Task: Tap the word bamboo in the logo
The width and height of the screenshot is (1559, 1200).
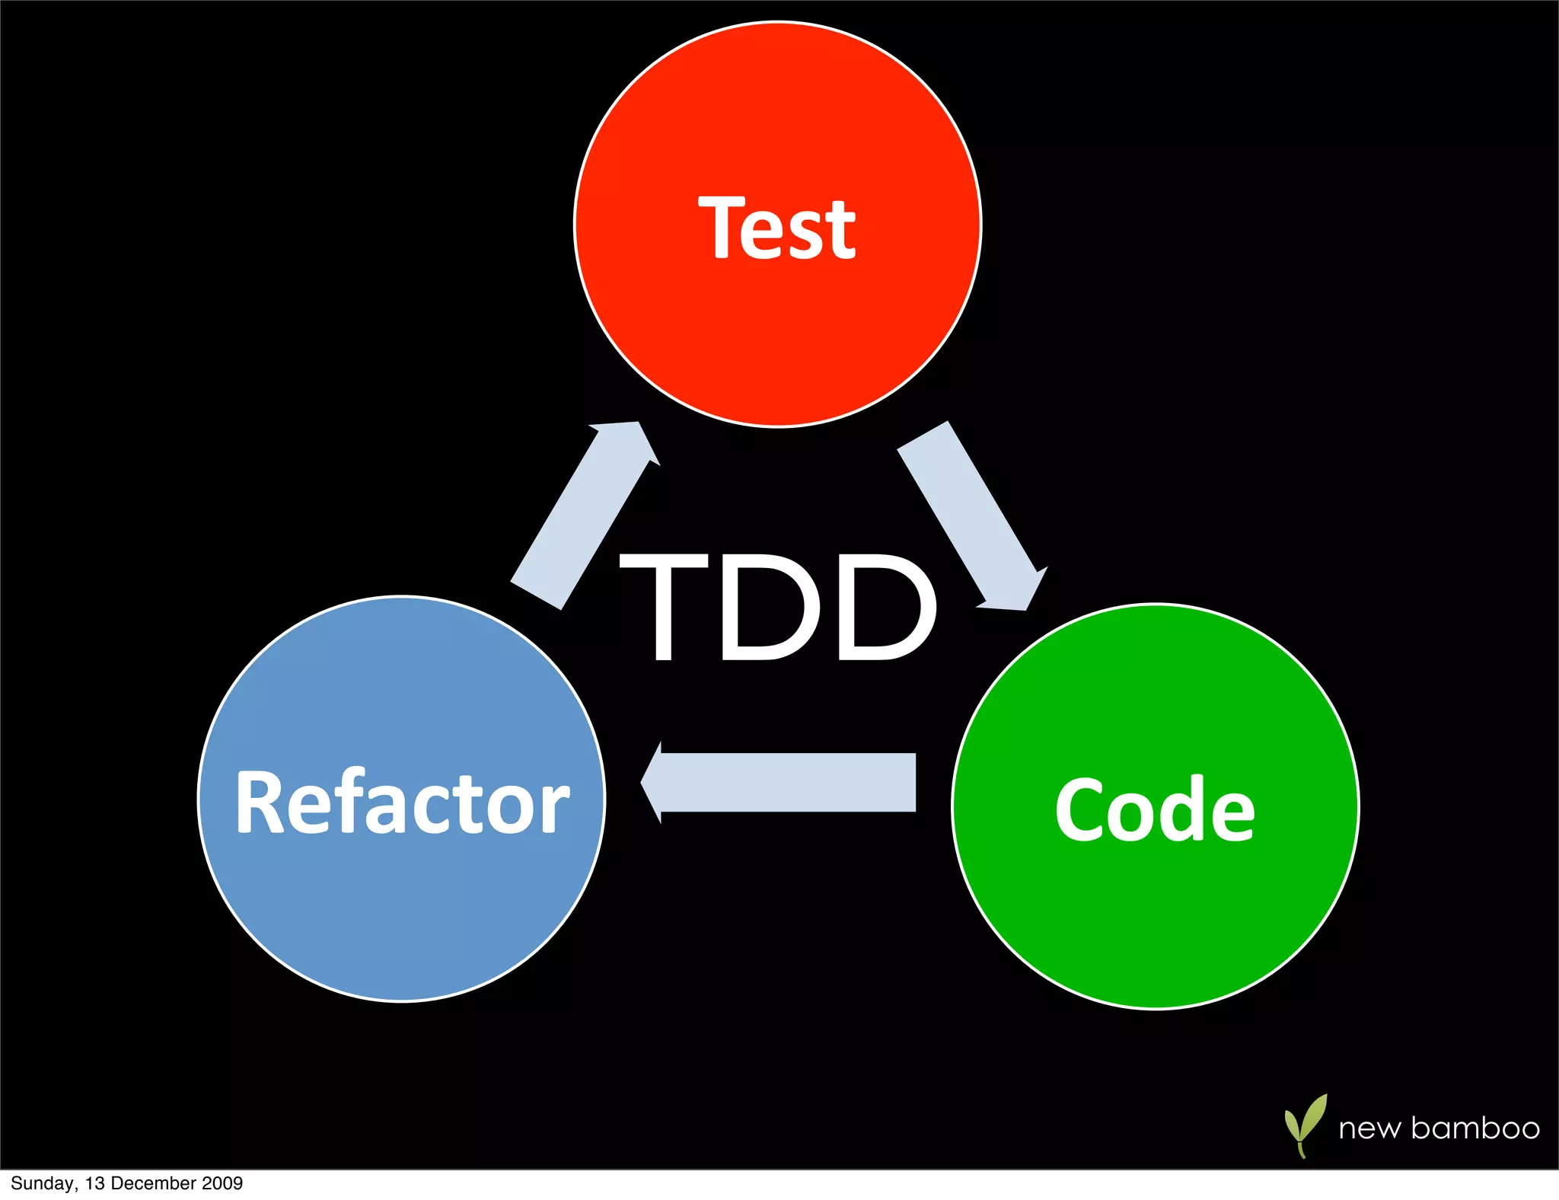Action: (1475, 1128)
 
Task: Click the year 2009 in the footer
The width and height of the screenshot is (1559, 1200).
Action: (222, 1183)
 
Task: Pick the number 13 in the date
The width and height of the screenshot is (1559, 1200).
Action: (94, 1183)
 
